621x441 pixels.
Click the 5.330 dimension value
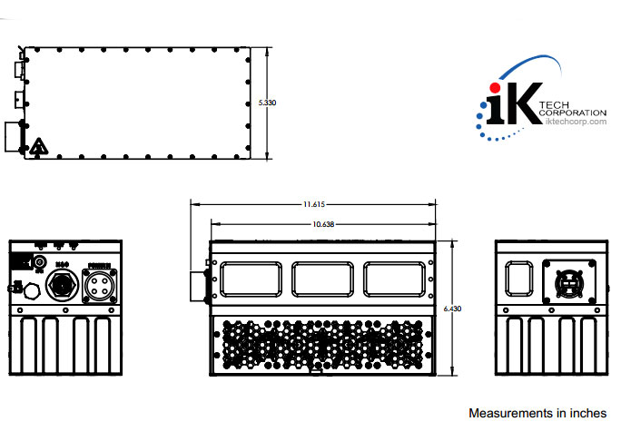(268, 103)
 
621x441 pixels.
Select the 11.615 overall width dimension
(314, 205)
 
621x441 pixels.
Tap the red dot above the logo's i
(495, 86)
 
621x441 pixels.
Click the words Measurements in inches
(537, 413)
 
